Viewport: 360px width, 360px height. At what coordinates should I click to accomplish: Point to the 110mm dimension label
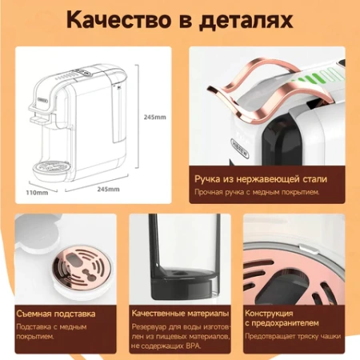pos(37,192)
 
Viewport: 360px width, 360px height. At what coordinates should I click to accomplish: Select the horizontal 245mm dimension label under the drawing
pos(108,190)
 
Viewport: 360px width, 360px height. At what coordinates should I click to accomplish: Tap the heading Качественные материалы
pos(179,313)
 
